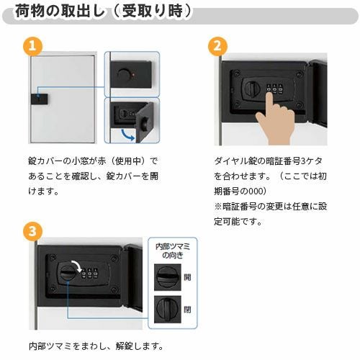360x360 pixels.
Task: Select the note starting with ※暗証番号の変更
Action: (x=263, y=206)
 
